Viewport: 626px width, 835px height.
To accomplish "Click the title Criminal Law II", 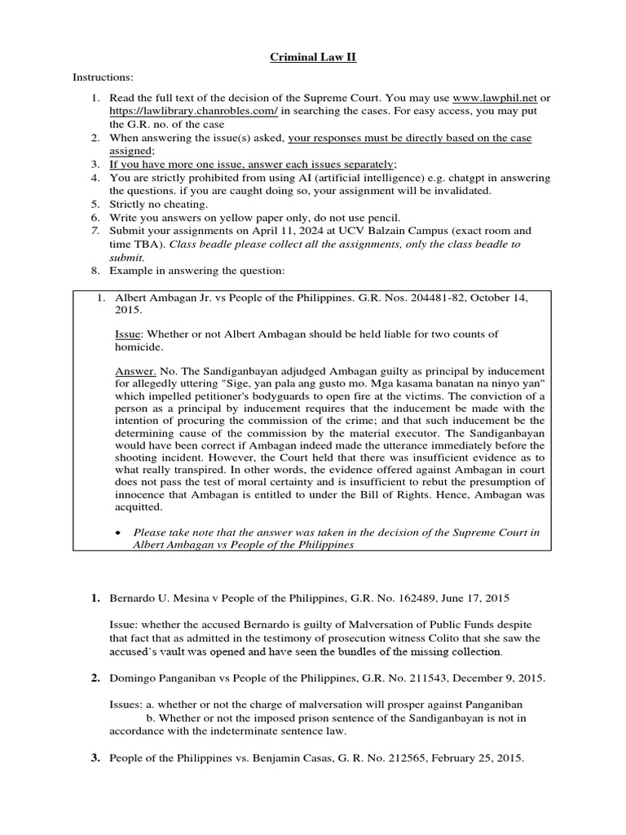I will pyautogui.click(x=312, y=58).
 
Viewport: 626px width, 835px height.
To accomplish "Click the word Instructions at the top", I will pyautogui.click(x=103, y=77).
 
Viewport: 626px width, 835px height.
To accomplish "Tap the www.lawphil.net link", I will pyautogui.click(x=490, y=98).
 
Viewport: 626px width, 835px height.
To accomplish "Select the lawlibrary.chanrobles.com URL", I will pyautogui.click(x=170, y=110).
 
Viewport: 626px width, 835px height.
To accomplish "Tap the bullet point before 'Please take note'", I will pyautogui.click(x=120, y=532).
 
